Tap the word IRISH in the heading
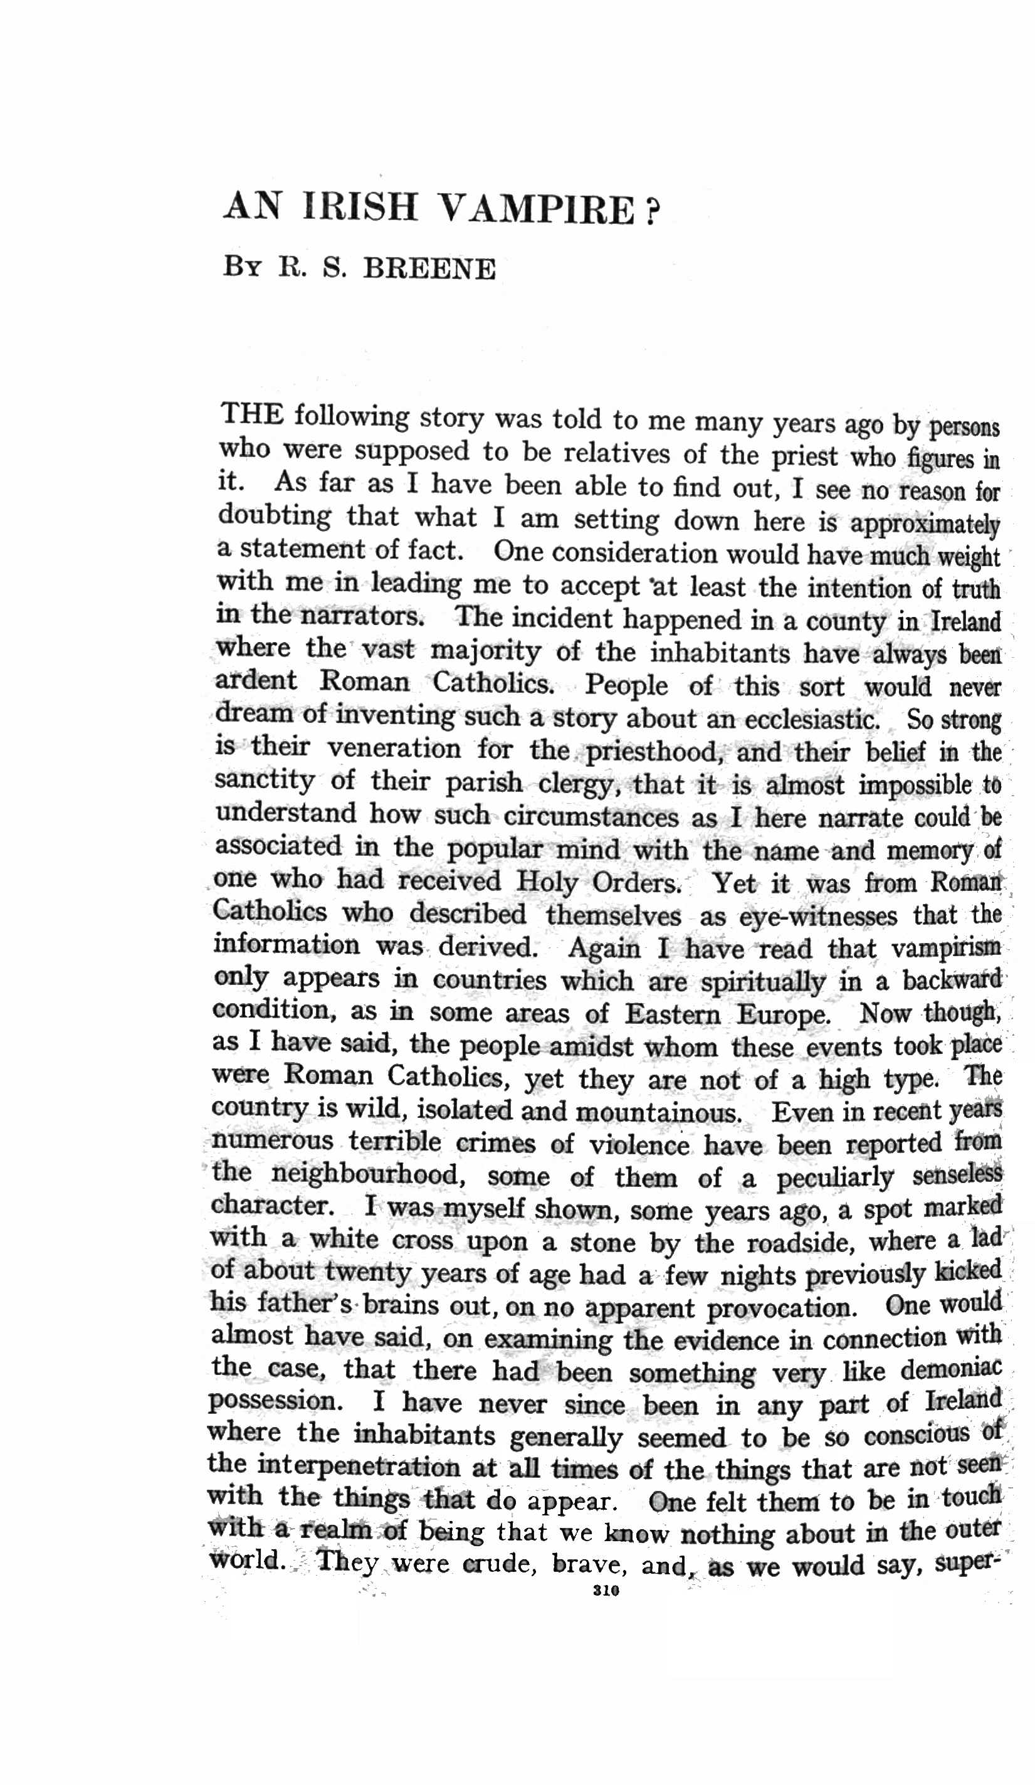(x=360, y=208)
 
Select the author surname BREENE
(x=429, y=269)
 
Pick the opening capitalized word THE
(x=252, y=414)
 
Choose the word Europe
(x=783, y=1014)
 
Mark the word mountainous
(x=659, y=1112)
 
